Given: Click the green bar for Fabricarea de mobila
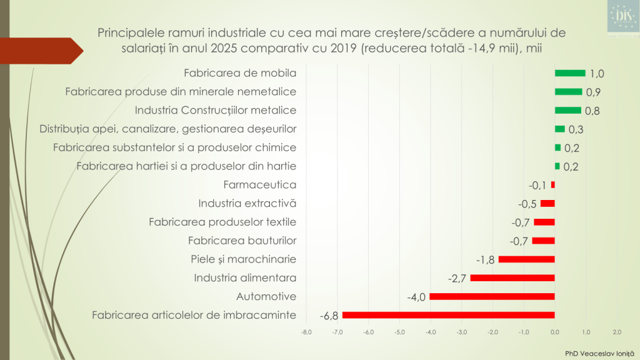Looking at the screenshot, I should [x=570, y=73].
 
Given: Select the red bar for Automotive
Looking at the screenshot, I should [x=492, y=296].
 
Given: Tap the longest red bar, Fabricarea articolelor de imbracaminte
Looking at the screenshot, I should [x=449, y=315].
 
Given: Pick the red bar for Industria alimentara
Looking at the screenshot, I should [x=512, y=277].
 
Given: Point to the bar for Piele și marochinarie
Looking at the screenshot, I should [x=527, y=259].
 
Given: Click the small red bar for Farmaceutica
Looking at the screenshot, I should [x=553, y=185].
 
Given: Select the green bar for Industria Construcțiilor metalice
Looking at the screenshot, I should [x=567, y=111].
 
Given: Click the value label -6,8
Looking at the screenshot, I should [x=329, y=316].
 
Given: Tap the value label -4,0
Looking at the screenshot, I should [x=416, y=297].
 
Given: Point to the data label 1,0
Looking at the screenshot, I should [x=597, y=74].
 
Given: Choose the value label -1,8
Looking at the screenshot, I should [x=486, y=259].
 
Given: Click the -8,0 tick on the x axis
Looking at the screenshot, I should [x=306, y=332].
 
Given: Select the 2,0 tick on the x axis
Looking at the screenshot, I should [x=617, y=332].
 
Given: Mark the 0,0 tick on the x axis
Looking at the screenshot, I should [x=555, y=332].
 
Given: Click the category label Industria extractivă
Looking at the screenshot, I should [x=247, y=203].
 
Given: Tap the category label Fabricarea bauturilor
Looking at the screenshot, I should [x=242, y=241].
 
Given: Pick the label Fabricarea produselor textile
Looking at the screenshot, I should [x=222, y=222].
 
